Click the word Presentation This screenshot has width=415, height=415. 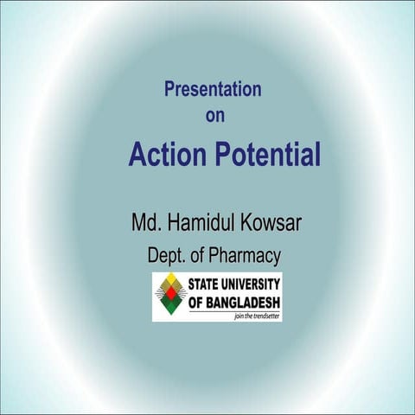213,88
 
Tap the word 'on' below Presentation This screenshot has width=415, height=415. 214,116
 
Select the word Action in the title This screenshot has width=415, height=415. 167,155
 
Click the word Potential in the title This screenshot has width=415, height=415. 267,156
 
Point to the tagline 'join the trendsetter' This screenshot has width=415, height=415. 257,317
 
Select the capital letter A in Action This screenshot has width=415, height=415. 137,156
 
